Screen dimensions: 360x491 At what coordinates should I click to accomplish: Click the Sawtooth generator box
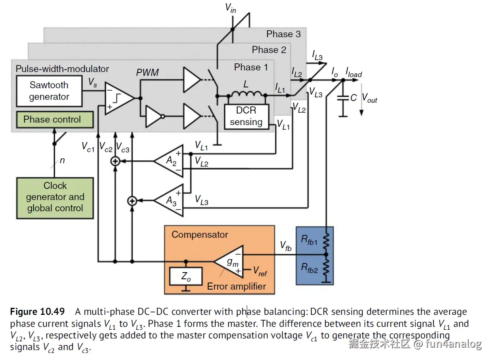pos(49,91)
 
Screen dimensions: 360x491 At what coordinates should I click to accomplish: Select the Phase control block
pos(52,120)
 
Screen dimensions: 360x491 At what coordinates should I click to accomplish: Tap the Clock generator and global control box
pos(55,198)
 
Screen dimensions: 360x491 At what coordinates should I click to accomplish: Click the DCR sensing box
pos(246,116)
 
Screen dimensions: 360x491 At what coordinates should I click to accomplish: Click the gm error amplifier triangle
pos(229,261)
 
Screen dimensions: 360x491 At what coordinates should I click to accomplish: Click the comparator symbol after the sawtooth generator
pos(118,98)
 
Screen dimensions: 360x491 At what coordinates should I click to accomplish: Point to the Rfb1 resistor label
pos(309,239)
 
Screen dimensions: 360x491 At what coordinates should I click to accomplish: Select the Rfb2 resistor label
pos(309,269)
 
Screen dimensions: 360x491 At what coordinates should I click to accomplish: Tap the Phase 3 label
pos(283,34)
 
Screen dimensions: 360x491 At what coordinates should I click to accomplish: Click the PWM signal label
pos(147,73)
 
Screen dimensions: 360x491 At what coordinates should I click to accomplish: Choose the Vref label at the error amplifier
pos(260,272)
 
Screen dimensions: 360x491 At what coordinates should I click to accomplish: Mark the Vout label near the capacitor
pos(370,98)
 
